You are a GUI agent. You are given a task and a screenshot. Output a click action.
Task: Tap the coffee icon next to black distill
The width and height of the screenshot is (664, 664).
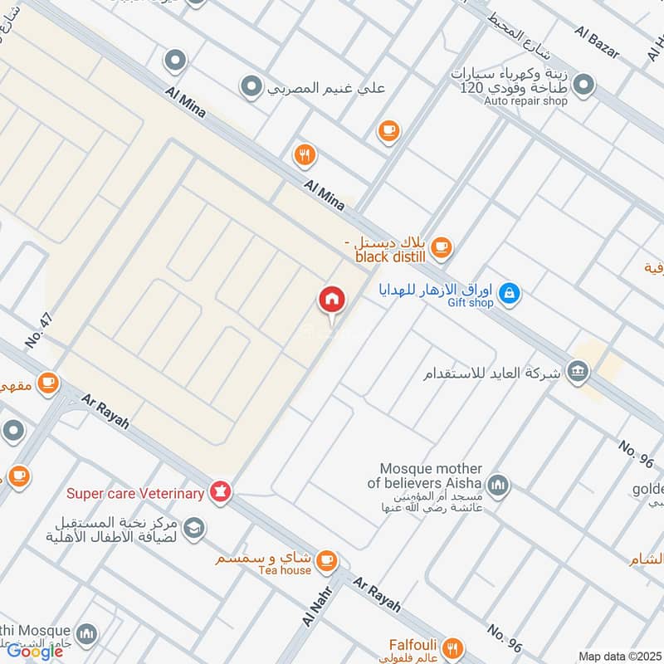(x=441, y=246)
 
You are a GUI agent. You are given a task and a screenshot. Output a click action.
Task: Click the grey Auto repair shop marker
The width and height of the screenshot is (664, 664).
(x=584, y=85)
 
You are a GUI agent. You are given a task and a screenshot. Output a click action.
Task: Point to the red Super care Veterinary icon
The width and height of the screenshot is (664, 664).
(x=220, y=492)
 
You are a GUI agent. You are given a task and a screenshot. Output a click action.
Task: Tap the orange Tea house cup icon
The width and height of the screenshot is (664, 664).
(x=327, y=560)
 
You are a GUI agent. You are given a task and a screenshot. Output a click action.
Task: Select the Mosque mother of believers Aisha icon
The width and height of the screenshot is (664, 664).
(x=498, y=485)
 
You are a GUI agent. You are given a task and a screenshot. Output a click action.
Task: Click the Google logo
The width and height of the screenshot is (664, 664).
(x=35, y=651)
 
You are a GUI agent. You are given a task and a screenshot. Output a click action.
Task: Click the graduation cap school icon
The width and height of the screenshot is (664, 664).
(x=194, y=529)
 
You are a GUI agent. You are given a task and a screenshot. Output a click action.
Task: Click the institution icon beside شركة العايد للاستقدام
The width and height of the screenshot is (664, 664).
(x=578, y=371)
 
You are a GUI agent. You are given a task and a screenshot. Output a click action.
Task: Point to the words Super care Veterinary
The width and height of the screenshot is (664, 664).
(x=135, y=494)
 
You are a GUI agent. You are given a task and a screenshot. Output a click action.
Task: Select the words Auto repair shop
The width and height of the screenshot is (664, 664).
(x=525, y=101)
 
